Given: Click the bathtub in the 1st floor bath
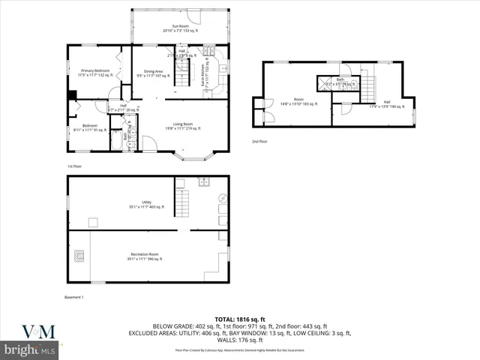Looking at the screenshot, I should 115,141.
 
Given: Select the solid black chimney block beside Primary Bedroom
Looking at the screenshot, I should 71,95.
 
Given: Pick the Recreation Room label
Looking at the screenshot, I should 147,256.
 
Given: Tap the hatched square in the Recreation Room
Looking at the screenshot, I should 79,255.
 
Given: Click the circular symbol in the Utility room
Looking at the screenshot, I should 220,198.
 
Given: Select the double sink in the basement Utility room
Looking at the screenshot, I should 202,182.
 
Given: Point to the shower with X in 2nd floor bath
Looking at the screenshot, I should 324,83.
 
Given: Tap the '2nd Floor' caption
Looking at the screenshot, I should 259,140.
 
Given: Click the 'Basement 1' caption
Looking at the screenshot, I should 73,298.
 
